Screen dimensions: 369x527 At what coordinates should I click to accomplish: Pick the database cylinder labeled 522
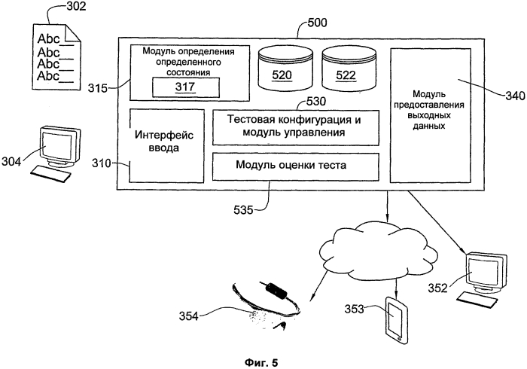pos(346,69)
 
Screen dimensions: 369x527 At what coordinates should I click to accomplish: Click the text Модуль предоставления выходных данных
pos(425,112)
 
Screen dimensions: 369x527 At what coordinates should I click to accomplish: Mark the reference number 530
pos(315,100)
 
